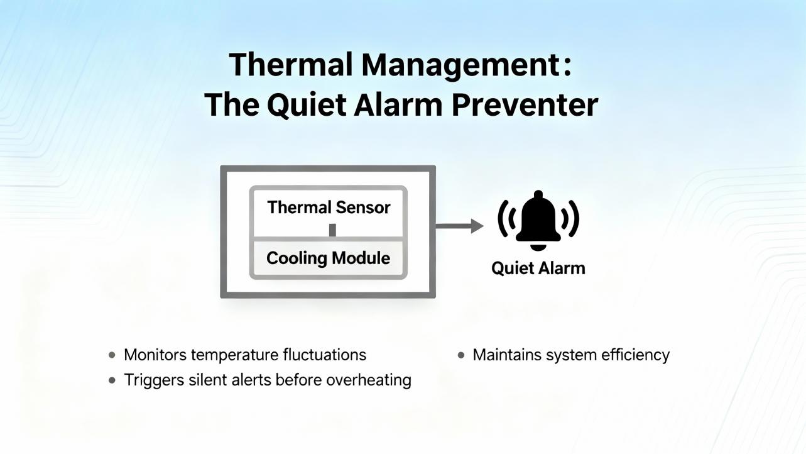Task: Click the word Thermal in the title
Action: [290, 64]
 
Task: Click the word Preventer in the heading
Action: [525, 105]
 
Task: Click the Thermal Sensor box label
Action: [329, 207]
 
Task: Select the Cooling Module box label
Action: [328, 258]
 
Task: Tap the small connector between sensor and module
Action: [332, 230]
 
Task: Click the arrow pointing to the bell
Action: [459, 226]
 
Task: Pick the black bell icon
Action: [538, 220]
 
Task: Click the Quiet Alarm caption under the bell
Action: [538, 269]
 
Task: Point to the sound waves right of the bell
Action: [571, 219]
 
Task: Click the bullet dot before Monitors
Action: [112, 355]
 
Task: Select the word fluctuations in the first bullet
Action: [325, 355]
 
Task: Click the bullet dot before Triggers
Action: [112, 380]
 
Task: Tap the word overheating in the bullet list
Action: [369, 380]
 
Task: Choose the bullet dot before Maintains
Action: [461, 355]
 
